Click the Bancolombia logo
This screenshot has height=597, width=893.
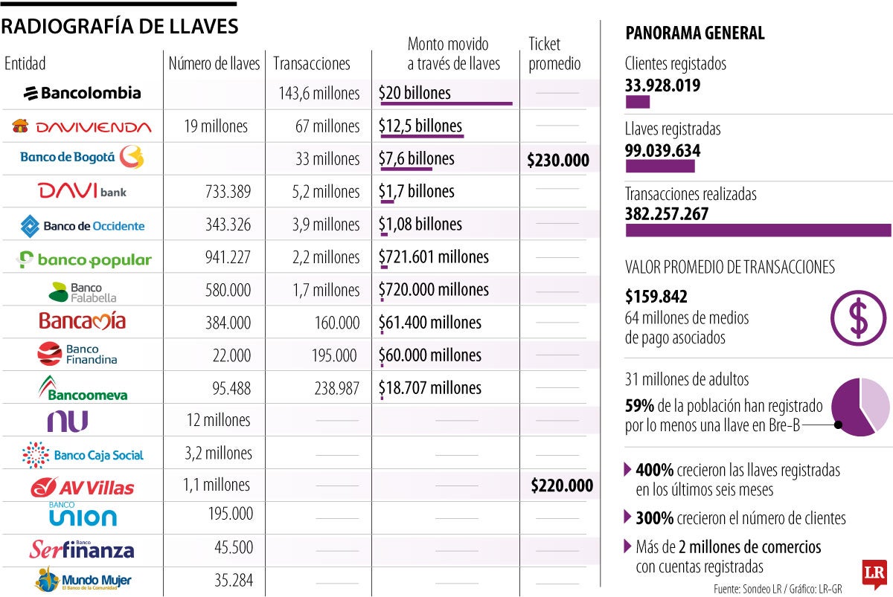[82, 93]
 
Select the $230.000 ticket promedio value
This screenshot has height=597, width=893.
[558, 160]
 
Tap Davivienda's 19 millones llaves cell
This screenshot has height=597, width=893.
[215, 126]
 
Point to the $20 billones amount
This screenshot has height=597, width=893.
[415, 94]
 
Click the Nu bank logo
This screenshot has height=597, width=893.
[68, 421]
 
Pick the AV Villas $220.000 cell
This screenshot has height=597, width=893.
[562, 486]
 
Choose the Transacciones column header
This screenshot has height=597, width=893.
[312, 64]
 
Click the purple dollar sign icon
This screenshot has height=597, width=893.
[858, 317]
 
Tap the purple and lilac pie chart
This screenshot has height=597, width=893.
[860, 407]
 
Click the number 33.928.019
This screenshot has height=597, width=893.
[662, 85]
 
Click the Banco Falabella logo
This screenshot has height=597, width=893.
[82, 291]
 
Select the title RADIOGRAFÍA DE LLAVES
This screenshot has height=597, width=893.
[120, 27]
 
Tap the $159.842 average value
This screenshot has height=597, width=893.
[656, 297]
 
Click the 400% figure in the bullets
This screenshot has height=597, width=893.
[655, 471]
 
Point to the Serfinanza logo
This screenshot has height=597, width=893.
[82, 549]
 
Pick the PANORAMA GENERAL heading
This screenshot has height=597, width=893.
[694, 33]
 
